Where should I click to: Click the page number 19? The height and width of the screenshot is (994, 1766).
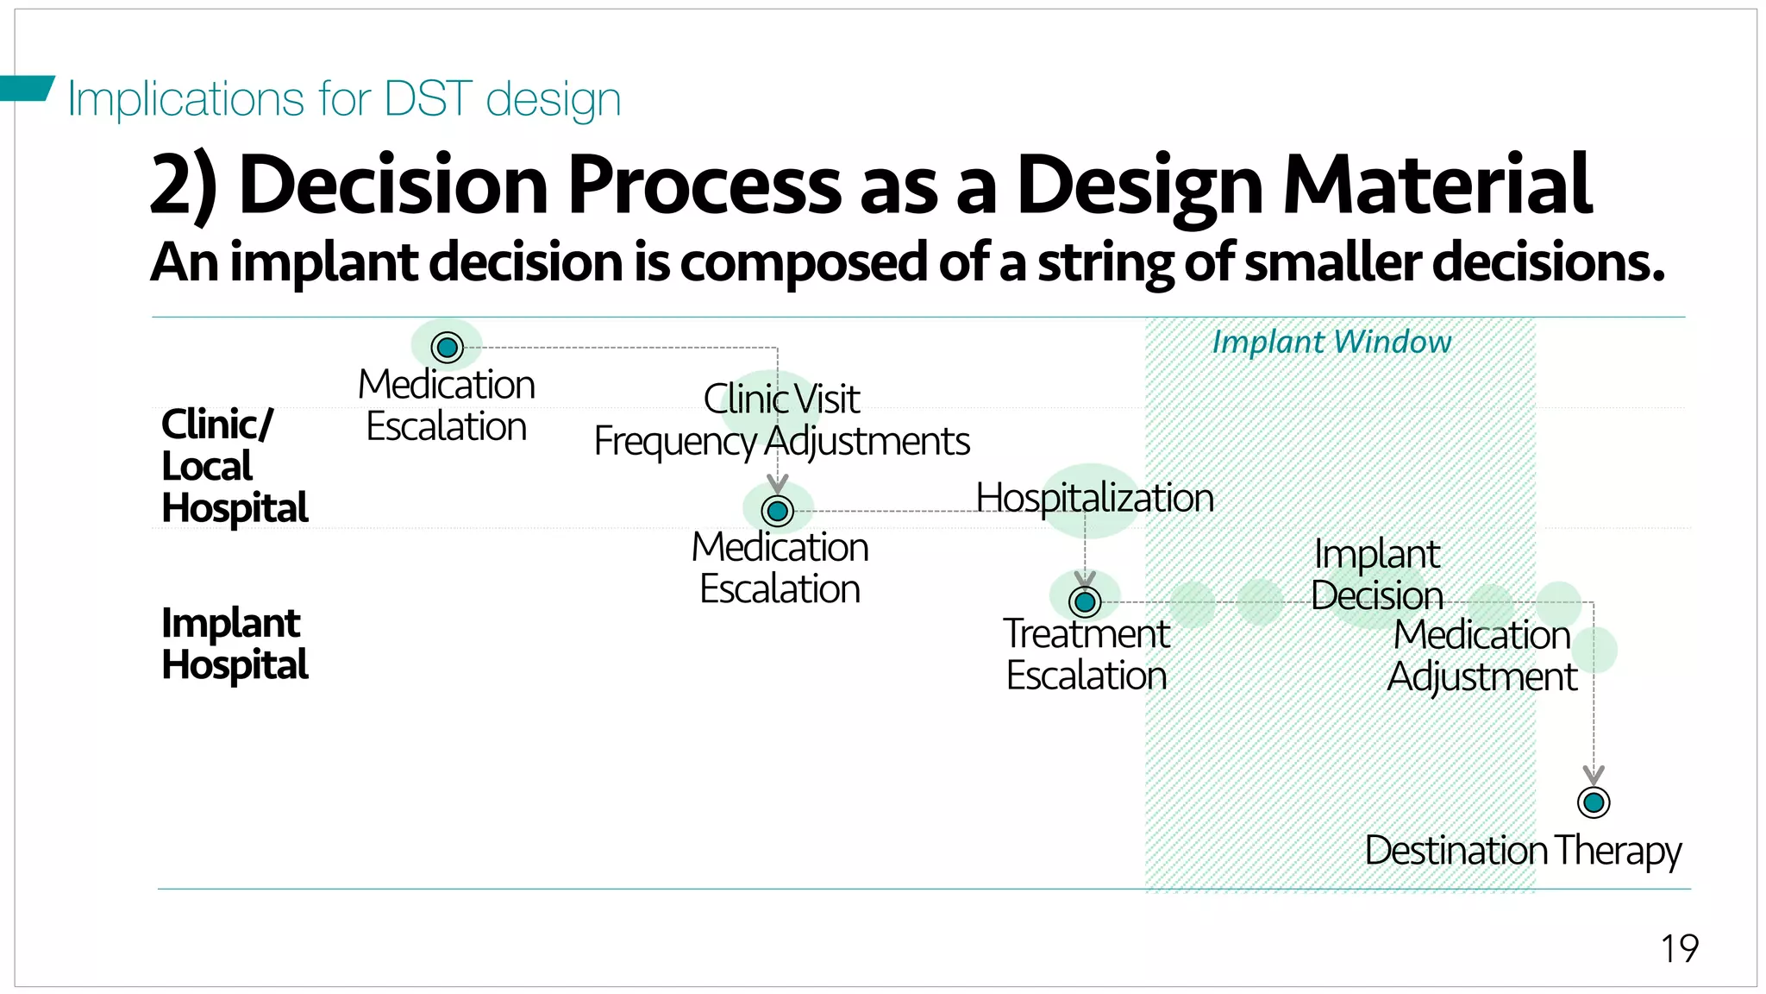click(x=1679, y=948)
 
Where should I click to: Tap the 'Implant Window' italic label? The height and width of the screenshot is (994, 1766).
click(x=1331, y=343)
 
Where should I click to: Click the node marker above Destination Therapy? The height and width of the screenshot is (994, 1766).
click(x=1593, y=802)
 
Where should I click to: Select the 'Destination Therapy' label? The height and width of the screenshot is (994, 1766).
click(x=1523, y=851)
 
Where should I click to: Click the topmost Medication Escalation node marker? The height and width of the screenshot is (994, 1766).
click(x=447, y=348)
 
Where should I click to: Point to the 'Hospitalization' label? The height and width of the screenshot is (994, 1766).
click(x=1094, y=498)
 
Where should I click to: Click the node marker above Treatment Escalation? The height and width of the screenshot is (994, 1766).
click(x=1085, y=601)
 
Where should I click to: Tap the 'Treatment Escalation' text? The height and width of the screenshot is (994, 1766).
click(x=1087, y=655)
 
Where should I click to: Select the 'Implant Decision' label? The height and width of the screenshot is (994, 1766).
click(x=1377, y=575)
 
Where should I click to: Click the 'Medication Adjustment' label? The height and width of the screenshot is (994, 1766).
click(x=1482, y=656)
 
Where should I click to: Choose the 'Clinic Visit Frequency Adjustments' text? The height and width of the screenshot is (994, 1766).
click(x=781, y=420)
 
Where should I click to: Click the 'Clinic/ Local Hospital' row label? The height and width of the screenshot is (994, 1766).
click(x=234, y=466)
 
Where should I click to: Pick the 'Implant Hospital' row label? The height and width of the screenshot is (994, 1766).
click(x=234, y=644)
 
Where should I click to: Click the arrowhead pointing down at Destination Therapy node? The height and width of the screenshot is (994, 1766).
click(x=1593, y=774)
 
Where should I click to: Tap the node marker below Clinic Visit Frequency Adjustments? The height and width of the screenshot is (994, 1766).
click(x=777, y=511)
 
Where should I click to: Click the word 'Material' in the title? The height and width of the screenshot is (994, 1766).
click(x=1437, y=185)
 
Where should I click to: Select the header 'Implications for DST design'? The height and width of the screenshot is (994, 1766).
click(x=344, y=98)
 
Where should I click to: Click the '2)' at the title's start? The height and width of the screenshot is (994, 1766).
click(x=183, y=185)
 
